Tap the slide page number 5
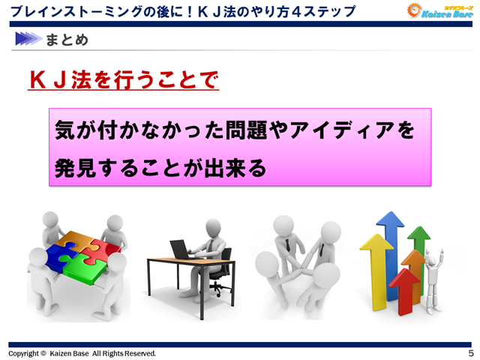pos(470,352)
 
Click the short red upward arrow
pos(405,289)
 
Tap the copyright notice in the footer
pos(82,352)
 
